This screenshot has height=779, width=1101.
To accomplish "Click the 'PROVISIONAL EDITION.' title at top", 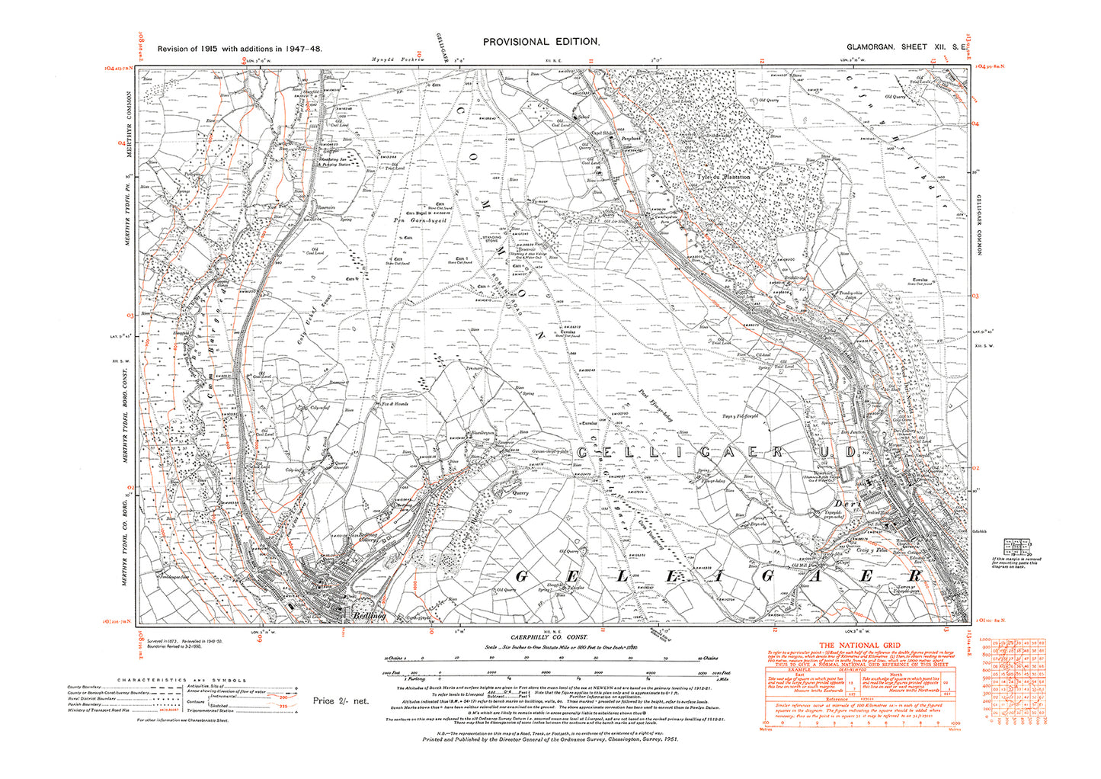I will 541,43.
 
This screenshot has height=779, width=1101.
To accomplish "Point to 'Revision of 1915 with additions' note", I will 239,49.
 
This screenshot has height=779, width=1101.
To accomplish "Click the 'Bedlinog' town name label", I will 368,615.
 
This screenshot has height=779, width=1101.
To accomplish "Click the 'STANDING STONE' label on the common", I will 491,239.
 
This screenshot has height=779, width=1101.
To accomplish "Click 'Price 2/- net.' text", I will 340,700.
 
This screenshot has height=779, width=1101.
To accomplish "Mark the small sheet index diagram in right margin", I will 1018,547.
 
